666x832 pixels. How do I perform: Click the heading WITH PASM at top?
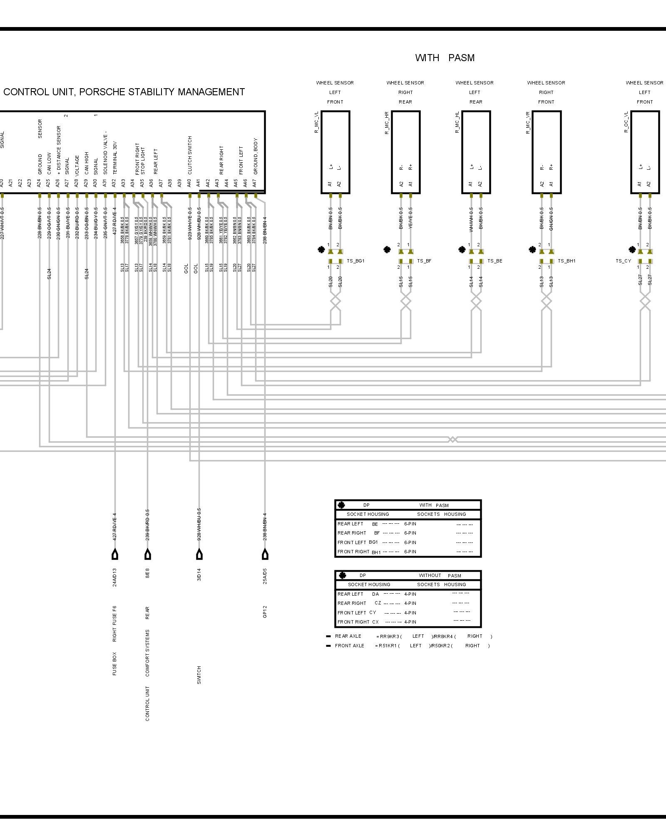point(445,58)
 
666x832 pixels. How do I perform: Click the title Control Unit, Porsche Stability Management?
point(124,92)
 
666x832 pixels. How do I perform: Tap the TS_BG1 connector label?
point(355,261)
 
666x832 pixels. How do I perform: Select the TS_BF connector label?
point(424,261)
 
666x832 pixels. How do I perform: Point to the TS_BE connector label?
point(495,261)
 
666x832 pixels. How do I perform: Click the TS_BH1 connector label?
point(567,261)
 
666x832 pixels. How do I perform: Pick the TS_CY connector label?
point(623,261)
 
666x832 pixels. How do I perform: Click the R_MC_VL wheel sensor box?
point(335,152)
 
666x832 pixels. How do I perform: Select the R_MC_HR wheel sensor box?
point(405,152)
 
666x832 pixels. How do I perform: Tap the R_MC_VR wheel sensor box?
point(547,152)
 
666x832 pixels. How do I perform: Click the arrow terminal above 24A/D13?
point(115,555)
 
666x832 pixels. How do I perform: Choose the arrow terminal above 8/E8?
point(147,555)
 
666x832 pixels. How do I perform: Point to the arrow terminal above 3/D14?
point(199,555)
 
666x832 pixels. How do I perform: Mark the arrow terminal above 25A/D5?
point(265,555)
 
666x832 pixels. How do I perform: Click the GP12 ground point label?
point(265,612)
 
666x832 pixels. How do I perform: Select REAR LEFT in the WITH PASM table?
point(350,524)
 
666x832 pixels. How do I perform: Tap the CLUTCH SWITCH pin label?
point(190,155)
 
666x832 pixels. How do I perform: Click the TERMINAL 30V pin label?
point(115,157)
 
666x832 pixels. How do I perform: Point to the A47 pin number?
point(255,183)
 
